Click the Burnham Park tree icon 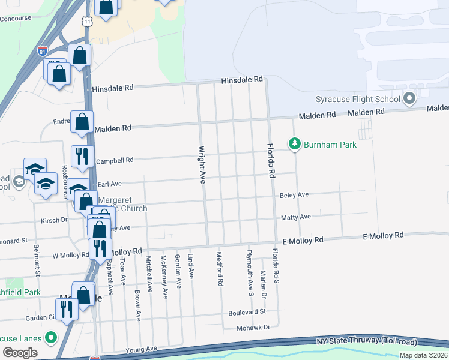(x=294, y=144)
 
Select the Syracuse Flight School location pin (x=410, y=98)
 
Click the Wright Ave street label (x=202, y=164)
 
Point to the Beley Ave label (x=294, y=195)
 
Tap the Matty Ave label (x=295, y=217)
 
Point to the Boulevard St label (x=246, y=313)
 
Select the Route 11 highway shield (x=88, y=21)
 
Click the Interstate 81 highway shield (x=42, y=50)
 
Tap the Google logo (x=20, y=352)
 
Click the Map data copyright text (x=423, y=355)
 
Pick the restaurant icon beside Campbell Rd (x=82, y=156)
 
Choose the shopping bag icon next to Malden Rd (x=82, y=122)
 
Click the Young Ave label (x=140, y=349)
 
